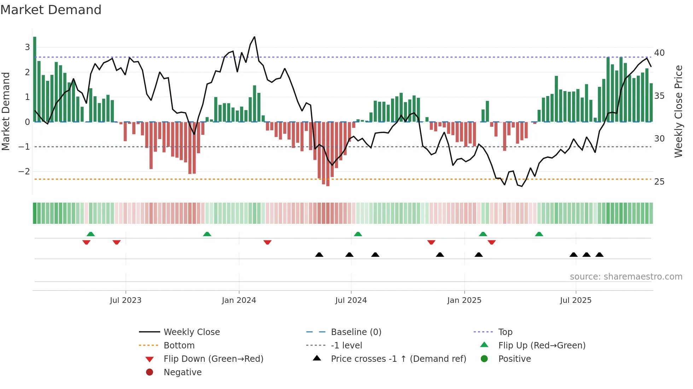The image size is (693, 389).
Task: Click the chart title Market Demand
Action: pos(51,10)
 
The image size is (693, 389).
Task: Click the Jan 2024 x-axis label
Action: pos(239,300)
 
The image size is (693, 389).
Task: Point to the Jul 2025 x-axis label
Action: pos(575,300)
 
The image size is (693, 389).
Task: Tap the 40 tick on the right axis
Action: pos(659,53)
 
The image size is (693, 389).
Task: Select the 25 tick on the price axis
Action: pos(659,182)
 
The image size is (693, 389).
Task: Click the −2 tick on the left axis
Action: pos(24,172)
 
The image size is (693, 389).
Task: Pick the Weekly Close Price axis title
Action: pos(678,111)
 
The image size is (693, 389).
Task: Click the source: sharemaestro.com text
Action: pos(626,277)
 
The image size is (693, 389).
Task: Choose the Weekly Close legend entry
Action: pos(191,332)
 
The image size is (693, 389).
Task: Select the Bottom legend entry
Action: pos(179,346)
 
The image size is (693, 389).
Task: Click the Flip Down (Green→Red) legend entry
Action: pos(213,359)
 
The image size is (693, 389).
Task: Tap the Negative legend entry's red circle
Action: pos(150,372)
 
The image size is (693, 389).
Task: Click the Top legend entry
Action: pos(505,332)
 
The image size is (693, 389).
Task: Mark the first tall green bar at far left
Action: pos(35,79)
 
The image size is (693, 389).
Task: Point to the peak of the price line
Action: pos(254,37)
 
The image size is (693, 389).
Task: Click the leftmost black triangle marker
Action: pos(319,255)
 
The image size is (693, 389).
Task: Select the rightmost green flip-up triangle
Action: pos(539,234)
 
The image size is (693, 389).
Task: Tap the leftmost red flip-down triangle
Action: pos(86,242)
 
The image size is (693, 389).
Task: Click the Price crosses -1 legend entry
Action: pos(398,359)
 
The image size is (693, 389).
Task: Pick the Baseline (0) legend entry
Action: pos(356,332)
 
